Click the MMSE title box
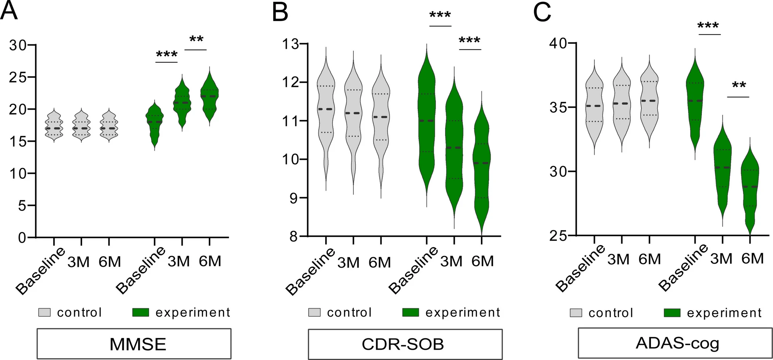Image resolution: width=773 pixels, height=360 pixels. (x=134, y=344)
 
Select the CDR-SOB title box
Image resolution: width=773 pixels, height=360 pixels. (x=405, y=344)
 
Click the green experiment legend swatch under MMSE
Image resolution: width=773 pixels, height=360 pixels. (x=140, y=312)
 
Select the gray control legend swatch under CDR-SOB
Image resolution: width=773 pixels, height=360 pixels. (x=314, y=312)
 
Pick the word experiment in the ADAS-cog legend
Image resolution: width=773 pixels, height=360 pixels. (x=724, y=313)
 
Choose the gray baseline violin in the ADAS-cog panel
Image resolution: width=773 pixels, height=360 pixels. (x=594, y=107)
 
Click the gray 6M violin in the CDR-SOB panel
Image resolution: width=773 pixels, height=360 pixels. (x=381, y=118)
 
